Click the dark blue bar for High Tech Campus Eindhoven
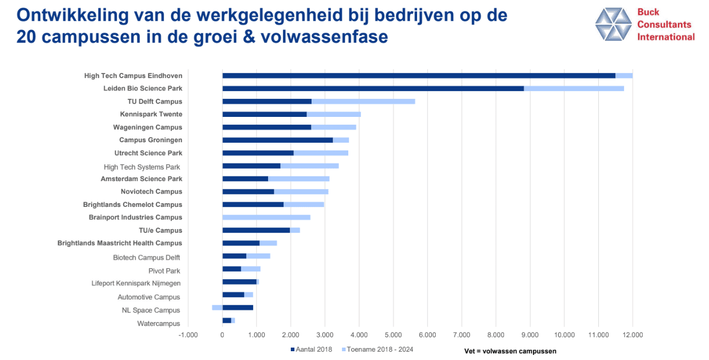pyautogui.click(x=418, y=76)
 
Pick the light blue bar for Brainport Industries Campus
pyautogui.click(x=266, y=217)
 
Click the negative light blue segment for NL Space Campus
pyautogui.click(x=217, y=307)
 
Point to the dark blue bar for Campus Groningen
pyautogui.click(x=277, y=140)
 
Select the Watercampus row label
pyautogui.click(x=158, y=324)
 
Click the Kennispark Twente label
pyautogui.click(x=151, y=114)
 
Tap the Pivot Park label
pyautogui.click(x=164, y=271)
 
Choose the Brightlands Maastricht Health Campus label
pyautogui.click(x=120, y=243)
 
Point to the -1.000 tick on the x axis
pyautogui.click(x=188, y=335)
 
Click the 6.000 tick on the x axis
pyautogui.click(x=427, y=335)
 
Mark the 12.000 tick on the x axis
pyautogui.click(x=632, y=335)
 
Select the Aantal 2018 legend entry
pyautogui.click(x=312, y=350)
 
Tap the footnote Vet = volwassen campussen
pyautogui.click(x=510, y=351)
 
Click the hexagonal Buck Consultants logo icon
pyautogui.click(x=614, y=24)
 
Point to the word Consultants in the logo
pyautogui.click(x=664, y=24)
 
